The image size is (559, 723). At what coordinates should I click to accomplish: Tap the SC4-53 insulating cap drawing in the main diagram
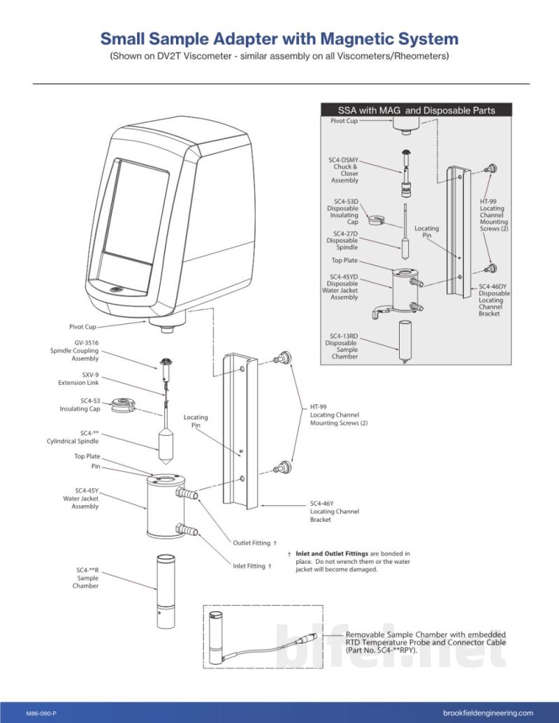coord(123,405)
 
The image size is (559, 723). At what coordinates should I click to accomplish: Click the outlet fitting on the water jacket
coord(187,494)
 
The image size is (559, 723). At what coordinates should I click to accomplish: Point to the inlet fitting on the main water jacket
coord(187,530)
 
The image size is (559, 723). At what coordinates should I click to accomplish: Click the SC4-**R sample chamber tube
coord(166,591)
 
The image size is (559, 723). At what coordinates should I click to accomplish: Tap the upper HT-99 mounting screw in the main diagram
coord(282,358)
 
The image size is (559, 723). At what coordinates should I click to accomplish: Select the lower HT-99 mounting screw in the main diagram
coord(282,467)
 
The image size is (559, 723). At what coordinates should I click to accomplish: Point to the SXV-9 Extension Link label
coord(78,379)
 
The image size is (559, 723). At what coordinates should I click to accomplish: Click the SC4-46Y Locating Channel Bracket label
coord(335,511)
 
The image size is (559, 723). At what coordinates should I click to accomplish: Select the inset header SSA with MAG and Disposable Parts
coord(416,110)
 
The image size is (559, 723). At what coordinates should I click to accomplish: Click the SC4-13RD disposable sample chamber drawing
coord(405,341)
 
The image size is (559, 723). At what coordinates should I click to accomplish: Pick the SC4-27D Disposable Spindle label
coord(342,240)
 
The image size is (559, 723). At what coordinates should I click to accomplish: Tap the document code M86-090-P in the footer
coord(41,713)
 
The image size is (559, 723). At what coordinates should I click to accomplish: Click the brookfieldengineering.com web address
coord(488,713)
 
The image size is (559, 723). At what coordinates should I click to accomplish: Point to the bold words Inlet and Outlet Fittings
coord(332,553)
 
